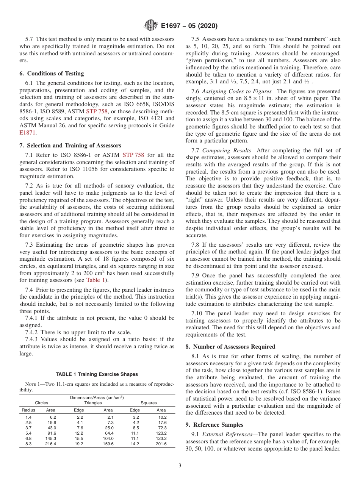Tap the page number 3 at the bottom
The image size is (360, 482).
180,466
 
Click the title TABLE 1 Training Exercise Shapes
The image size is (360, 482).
97,374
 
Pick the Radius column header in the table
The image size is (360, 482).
28,410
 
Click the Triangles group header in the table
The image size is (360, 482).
93,403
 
